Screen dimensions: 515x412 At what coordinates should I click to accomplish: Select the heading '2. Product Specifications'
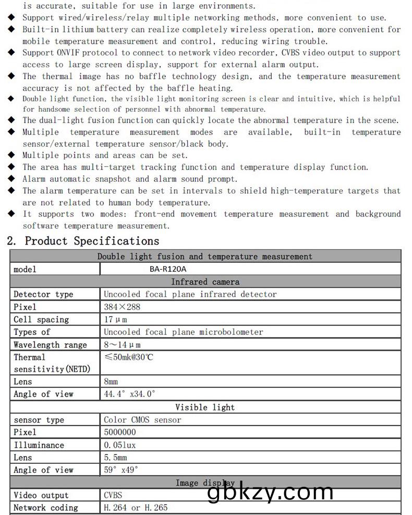pos(83,241)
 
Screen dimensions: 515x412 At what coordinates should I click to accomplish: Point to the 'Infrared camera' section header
pos(205,282)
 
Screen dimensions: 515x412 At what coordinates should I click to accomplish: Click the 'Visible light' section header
pos(205,407)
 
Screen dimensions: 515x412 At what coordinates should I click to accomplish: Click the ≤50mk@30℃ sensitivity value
pos(129,357)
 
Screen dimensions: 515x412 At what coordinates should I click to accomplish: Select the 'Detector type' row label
pos(43,294)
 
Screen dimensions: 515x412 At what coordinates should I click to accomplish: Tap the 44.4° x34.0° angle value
pos(129,394)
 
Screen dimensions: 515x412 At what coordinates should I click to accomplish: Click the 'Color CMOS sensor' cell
pos(142,420)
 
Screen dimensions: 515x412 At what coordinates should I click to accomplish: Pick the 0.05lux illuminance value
pos(120,445)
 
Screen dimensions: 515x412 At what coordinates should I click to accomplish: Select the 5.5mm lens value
pos(115,458)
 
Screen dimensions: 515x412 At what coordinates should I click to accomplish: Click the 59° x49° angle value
pos(121,470)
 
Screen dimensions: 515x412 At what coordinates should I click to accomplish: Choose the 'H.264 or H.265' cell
pos(136,507)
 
